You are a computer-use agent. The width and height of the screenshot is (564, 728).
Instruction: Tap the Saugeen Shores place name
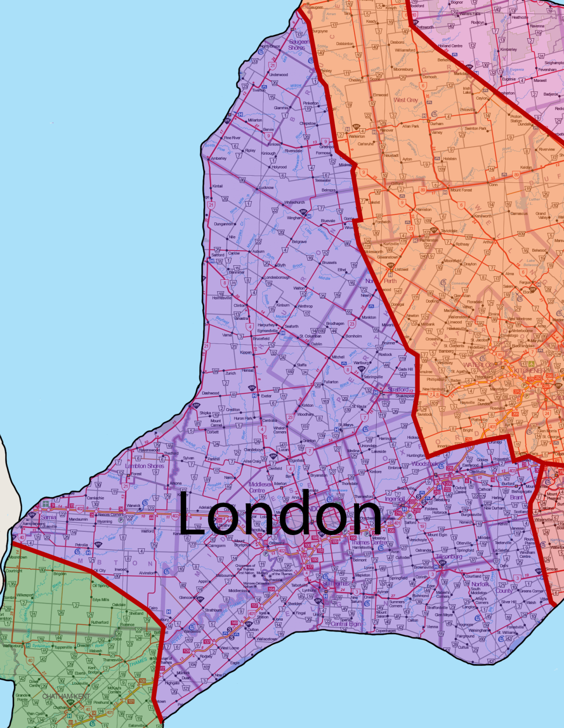(299, 45)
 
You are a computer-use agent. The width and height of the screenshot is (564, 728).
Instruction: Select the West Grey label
(405, 100)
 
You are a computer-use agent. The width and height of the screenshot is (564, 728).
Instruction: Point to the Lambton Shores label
(145, 466)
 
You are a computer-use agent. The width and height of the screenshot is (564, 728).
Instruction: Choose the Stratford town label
(398, 389)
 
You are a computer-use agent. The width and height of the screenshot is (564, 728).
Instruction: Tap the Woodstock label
(424, 464)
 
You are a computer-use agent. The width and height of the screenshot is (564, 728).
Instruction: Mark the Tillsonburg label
(449, 556)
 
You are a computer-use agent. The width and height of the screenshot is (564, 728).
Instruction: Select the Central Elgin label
(345, 624)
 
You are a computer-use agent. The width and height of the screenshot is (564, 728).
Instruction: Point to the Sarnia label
(49, 517)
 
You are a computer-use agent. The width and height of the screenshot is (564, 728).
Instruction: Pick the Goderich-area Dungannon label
(223, 224)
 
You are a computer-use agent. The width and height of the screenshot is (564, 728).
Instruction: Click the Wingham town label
(294, 218)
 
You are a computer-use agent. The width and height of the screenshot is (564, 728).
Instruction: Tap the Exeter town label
(266, 396)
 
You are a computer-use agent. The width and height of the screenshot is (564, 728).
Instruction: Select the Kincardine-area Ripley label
(250, 151)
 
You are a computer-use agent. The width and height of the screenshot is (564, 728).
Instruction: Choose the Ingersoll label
(394, 499)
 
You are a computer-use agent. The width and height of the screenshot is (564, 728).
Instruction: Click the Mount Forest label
(461, 190)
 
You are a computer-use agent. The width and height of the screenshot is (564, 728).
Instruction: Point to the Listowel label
(401, 269)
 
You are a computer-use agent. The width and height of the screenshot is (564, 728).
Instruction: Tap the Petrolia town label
(81, 545)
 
